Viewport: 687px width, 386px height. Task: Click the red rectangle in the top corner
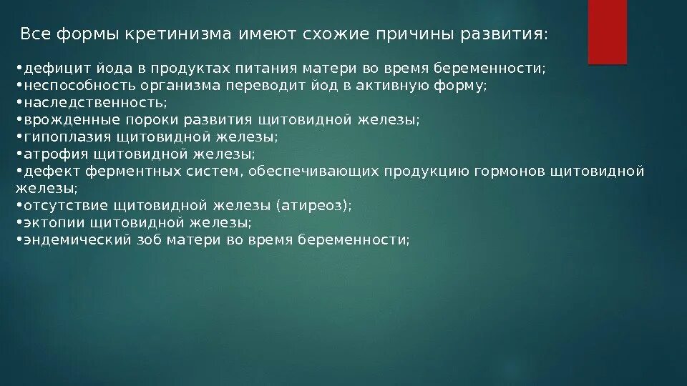(607, 31)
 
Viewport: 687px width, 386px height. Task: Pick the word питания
(258, 69)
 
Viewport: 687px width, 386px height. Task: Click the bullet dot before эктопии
(19, 223)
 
